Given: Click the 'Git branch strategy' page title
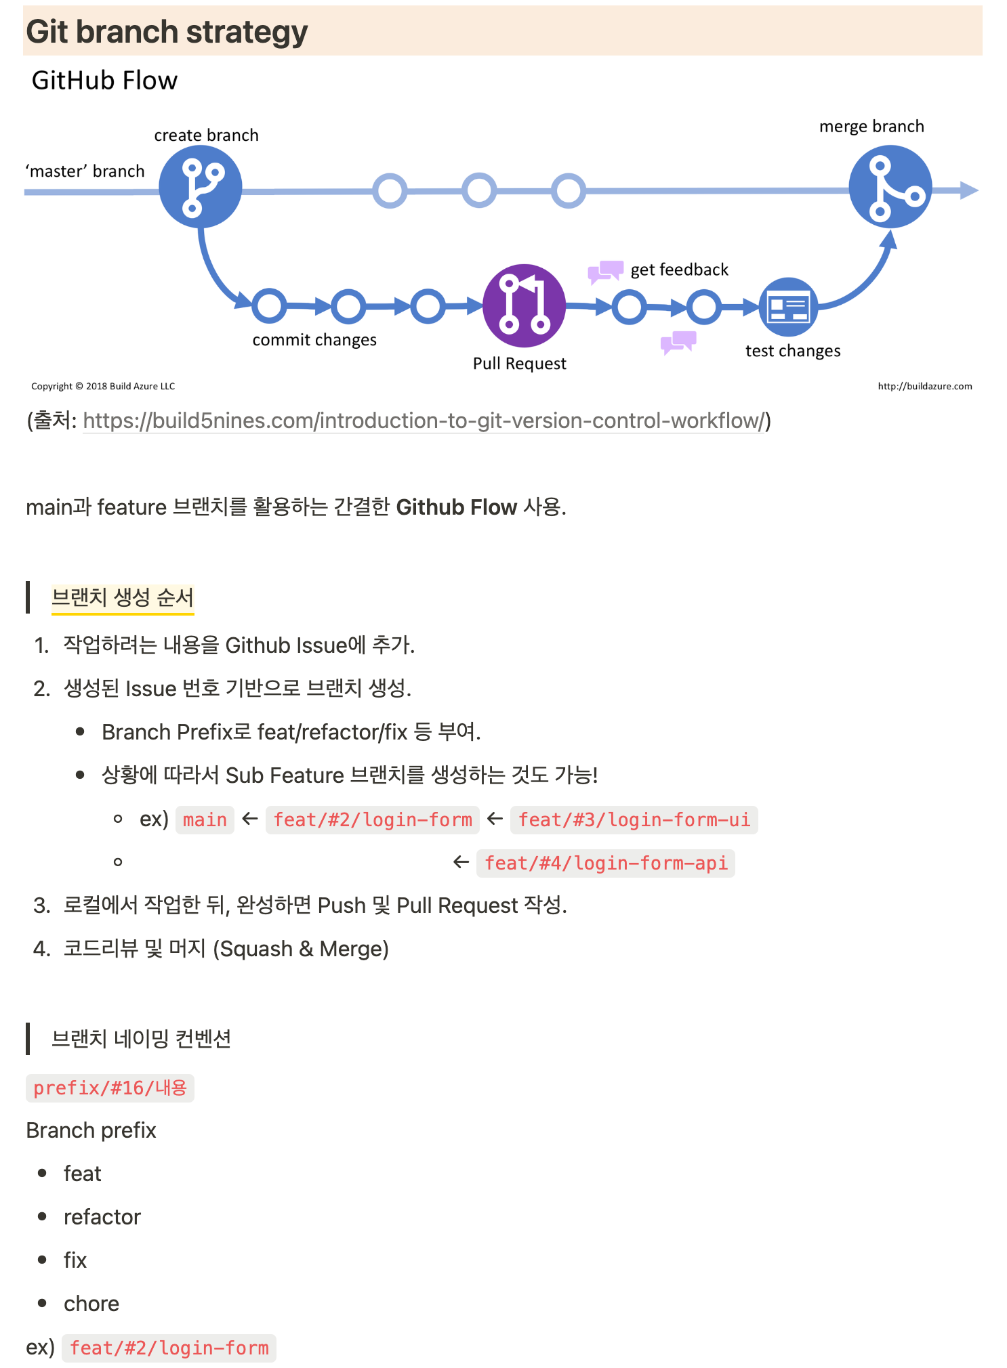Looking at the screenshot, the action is (x=167, y=32).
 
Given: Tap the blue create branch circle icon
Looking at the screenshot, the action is (x=200, y=187).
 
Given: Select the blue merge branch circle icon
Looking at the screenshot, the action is (x=890, y=187).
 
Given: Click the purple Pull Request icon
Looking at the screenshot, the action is (x=524, y=305).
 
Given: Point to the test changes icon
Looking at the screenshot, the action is (x=788, y=307).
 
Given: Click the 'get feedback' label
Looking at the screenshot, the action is (x=679, y=270).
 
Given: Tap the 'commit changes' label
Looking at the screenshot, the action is (x=314, y=339).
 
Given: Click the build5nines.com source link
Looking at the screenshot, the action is (x=424, y=421).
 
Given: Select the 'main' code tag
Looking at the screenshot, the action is (x=205, y=819).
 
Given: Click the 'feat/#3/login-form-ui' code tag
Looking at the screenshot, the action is (x=634, y=819).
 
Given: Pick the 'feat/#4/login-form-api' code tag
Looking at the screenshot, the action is (x=606, y=863).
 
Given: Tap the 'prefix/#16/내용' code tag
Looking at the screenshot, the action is (x=110, y=1088).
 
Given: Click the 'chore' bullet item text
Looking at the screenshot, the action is (x=91, y=1304).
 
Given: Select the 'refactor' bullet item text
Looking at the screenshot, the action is (x=102, y=1217).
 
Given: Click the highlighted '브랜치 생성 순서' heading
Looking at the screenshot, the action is (x=123, y=597).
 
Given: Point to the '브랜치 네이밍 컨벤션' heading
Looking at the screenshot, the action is (x=141, y=1038).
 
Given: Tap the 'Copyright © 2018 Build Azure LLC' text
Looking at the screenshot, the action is (x=103, y=386).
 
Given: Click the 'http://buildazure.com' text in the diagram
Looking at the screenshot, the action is (x=924, y=386).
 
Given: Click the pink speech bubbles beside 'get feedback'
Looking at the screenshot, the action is (x=604, y=271).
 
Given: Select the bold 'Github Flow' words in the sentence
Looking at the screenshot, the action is (x=456, y=507).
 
